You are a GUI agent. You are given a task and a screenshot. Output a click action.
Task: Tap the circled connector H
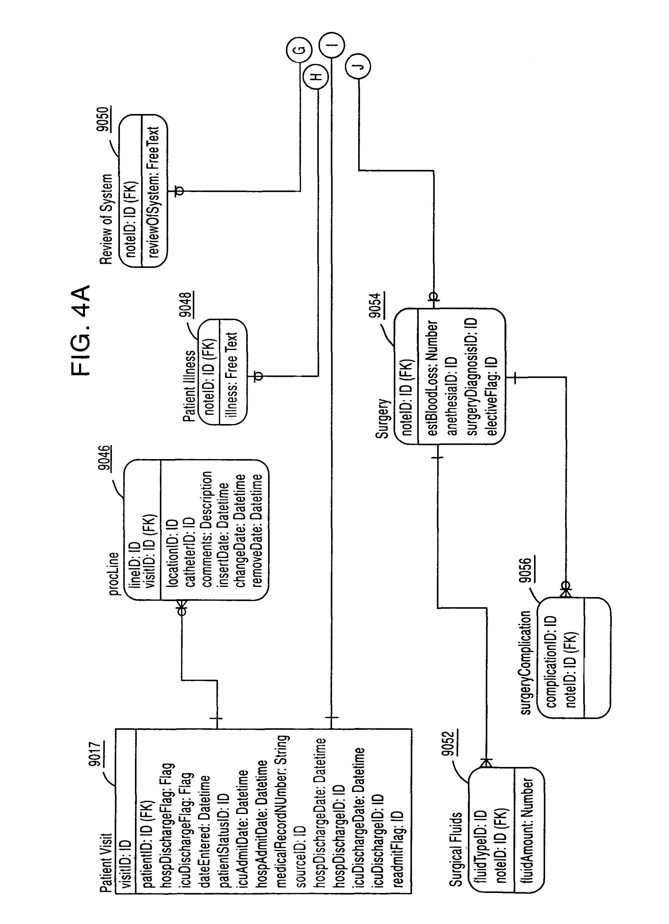coord(317,76)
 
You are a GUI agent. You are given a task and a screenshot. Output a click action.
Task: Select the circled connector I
coord(332,44)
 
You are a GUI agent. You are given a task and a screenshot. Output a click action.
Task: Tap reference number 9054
coord(377,306)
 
